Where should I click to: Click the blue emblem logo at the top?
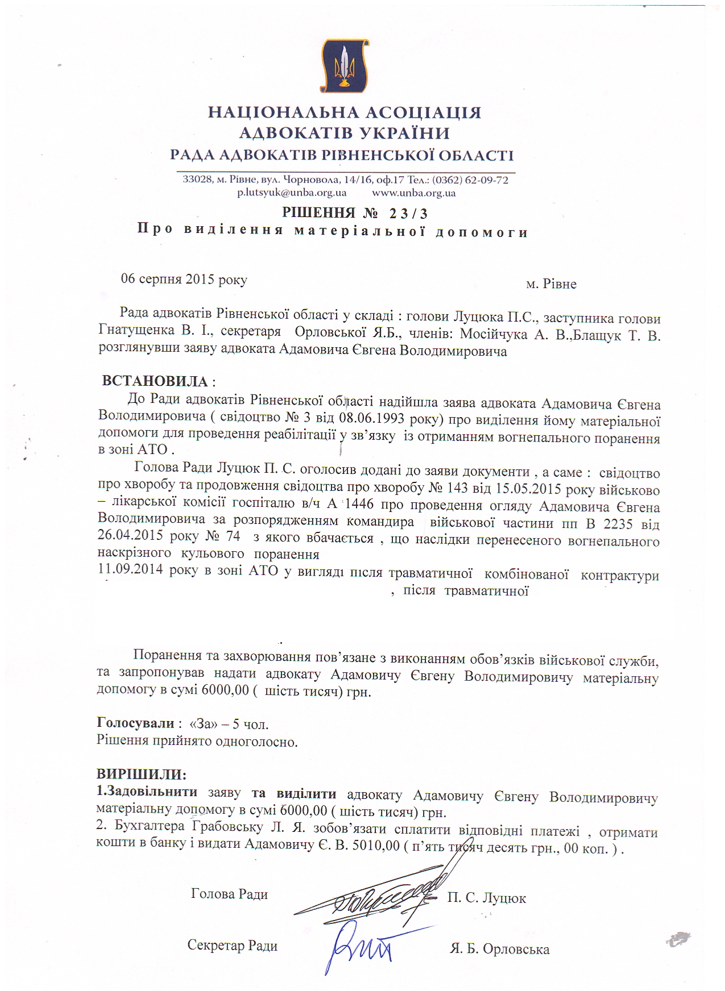345,65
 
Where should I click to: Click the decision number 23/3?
408,214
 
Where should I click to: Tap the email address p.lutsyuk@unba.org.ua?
292,193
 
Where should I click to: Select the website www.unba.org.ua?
413,193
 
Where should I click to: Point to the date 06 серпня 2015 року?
184,280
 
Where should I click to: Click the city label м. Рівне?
551,284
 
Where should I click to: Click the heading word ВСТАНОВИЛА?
155,381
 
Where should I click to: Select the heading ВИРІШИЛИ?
142,775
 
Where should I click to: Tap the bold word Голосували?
136,723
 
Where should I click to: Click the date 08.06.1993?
371,419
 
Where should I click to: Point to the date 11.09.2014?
130,569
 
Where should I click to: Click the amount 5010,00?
376,846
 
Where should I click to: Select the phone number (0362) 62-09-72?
470,180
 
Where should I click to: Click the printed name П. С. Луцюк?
486,898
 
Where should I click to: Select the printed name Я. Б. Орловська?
499,949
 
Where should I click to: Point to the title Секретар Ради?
232,946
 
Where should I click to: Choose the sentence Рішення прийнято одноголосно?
197,742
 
